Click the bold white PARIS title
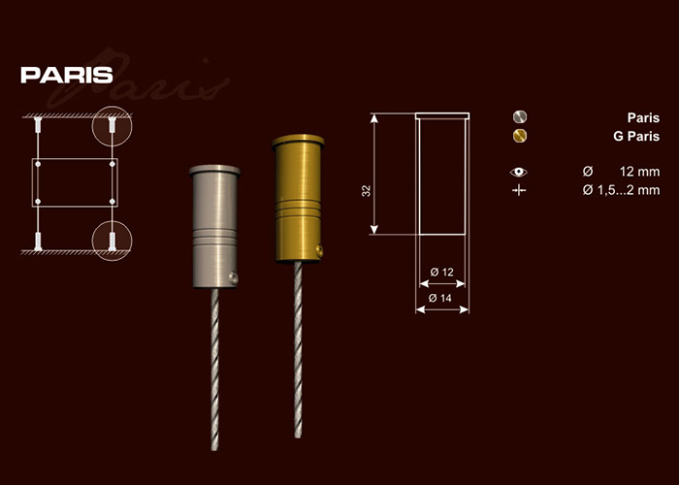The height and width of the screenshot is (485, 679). [67, 75]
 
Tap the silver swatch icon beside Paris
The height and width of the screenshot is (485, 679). [520, 117]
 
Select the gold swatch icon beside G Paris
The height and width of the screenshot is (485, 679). [520, 136]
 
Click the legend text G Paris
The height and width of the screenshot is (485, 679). [636, 137]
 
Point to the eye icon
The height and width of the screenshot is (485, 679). [519, 172]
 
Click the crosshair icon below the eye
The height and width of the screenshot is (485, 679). [519, 190]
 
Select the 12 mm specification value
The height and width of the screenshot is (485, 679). [639, 172]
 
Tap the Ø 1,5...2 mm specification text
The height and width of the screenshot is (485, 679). [621, 190]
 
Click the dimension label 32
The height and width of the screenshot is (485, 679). [367, 191]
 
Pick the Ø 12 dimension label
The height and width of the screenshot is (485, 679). [441, 272]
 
